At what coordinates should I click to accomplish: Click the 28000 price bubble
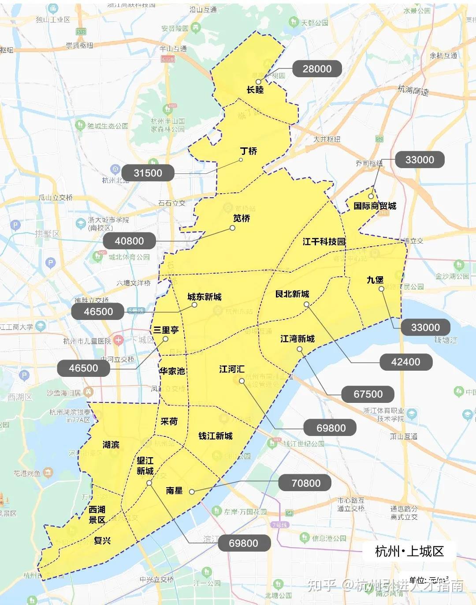(x=317, y=69)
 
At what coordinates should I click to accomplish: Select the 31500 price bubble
(x=148, y=173)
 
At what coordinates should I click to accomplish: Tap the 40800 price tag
(x=129, y=241)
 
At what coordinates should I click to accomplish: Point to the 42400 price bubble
(x=405, y=362)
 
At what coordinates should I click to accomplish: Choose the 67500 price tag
(x=368, y=394)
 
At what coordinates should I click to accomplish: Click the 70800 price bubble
(x=306, y=483)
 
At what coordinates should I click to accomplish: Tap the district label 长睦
(x=255, y=90)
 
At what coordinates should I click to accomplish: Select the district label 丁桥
(x=249, y=151)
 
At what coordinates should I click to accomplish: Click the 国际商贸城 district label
(x=375, y=206)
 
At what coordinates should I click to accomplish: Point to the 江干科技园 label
(x=324, y=241)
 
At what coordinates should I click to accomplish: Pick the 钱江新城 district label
(x=215, y=436)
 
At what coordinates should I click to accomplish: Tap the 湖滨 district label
(x=111, y=444)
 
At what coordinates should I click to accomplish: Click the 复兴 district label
(x=102, y=541)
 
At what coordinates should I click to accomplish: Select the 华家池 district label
(x=172, y=371)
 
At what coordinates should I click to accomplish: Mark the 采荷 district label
(x=169, y=421)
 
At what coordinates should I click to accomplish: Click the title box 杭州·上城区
(x=409, y=551)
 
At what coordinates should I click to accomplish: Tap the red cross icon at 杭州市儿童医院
(x=118, y=340)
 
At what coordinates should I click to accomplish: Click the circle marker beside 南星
(x=192, y=492)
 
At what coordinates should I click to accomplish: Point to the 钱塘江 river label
(x=446, y=340)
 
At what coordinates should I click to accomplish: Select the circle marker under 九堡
(x=381, y=289)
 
